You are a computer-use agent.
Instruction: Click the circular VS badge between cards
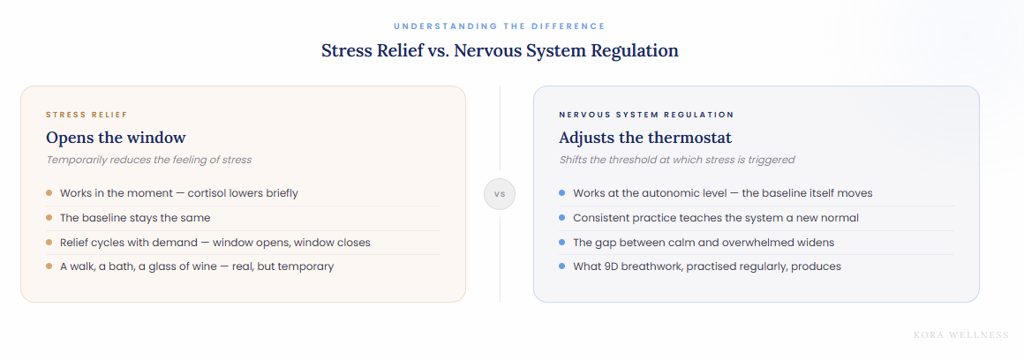pyautogui.click(x=500, y=194)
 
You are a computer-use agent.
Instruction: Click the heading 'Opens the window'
pyautogui.click(x=116, y=138)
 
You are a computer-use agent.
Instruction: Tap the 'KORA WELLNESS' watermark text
pyautogui.click(x=961, y=335)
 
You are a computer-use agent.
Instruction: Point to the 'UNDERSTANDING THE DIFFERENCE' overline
pyautogui.click(x=500, y=26)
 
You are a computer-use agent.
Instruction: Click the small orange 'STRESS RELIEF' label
pyautogui.click(x=87, y=115)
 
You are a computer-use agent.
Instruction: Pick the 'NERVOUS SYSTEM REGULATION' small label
pyautogui.click(x=646, y=115)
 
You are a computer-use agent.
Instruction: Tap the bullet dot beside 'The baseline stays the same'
pyautogui.click(x=49, y=217)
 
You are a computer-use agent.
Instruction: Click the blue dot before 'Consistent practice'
pyautogui.click(x=561, y=217)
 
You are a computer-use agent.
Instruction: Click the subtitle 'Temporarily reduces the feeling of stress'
pyautogui.click(x=148, y=160)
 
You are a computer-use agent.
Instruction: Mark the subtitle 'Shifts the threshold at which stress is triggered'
pyautogui.click(x=676, y=160)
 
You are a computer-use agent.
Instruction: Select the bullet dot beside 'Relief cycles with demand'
pyautogui.click(x=49, y=242)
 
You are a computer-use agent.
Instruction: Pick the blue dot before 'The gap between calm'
pyautogui.click(x=561, y=242)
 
